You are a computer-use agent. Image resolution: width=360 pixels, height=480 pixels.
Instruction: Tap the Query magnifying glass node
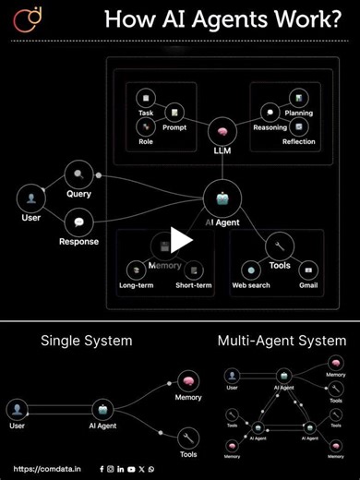click(x=78, y=173)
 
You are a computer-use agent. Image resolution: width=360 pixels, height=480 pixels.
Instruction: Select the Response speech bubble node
click(x=78, y=222)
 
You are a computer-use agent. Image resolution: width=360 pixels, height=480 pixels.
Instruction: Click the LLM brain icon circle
click(x=222, y=130)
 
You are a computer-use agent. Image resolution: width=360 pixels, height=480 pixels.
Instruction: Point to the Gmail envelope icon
click(x=307, y=270)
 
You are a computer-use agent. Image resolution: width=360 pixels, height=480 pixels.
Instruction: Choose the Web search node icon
click(x=250, y=270)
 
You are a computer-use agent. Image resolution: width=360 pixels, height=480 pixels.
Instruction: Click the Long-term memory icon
click(x=136, y=270)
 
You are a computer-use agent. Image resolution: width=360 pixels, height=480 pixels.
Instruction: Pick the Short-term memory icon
click(x=193, y=270)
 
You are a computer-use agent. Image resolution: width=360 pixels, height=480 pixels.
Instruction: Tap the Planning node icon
click(x=298, y=98)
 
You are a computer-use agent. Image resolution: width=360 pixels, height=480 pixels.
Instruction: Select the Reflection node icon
click(x=298, y=126)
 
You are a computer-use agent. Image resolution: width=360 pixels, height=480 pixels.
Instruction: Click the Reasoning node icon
click(x=270, y=113)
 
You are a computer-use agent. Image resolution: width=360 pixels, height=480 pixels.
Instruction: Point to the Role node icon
click(x=145, y=126)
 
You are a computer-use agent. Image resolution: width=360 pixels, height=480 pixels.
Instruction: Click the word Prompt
click(x=174, y=127)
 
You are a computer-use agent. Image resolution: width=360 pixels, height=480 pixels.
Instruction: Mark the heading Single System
click(x=86, y=341)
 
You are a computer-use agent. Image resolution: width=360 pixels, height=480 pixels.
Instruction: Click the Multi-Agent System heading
click(x=282, y=341)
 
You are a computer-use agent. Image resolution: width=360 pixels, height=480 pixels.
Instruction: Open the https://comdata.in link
click(x=47, y=469)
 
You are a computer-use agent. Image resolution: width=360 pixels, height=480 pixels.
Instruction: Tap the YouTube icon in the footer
click(x=131, y=469)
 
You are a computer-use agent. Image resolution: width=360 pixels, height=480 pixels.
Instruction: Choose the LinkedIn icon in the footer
click(x=121, y=469)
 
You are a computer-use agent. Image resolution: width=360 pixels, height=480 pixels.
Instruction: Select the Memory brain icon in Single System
click(x=187, y=381)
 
